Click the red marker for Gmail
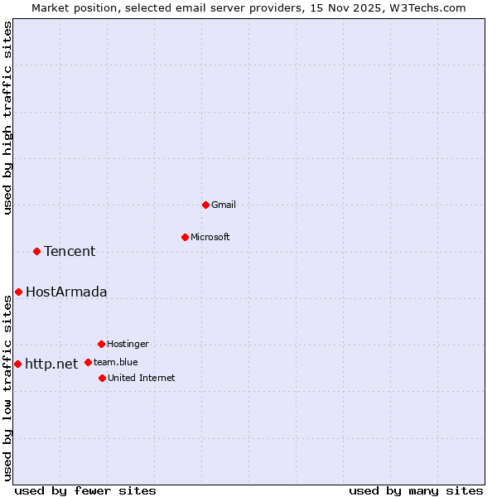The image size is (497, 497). [x=205, y=205]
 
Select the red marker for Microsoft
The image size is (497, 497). [x=185, y=237]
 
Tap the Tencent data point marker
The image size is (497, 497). [x=36, y=251]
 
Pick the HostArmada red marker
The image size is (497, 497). [x=18, y=292]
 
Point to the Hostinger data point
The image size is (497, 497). [x=101, y=344]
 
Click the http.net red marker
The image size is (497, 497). [x=17, y=364]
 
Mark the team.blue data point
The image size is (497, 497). [x=88, y=362]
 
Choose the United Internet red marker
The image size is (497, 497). [x=102, y=378]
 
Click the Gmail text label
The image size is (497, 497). [x=224, y=205]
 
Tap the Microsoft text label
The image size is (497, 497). [x=210, y=237]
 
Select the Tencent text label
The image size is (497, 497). [x=70, y=251]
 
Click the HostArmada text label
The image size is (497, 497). [x=66, y=292]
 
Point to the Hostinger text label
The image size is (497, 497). [x=128, y=344]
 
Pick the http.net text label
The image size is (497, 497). [x=51, y=364]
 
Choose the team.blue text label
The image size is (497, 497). [x=116, y=362]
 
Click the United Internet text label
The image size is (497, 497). [x=142, y=378]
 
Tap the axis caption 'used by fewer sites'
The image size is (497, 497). [x=85, y=490]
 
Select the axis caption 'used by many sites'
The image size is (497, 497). [x=416, y=490]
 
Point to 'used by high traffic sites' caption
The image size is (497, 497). [x=7, y=118]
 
